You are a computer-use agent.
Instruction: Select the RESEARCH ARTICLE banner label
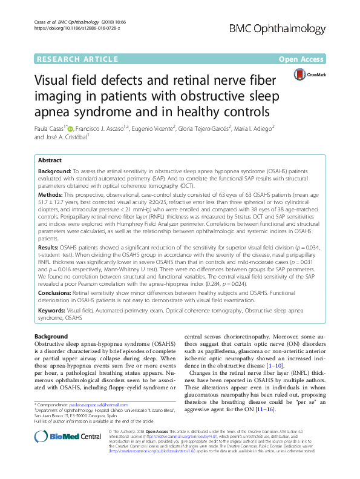(x=76, y=59)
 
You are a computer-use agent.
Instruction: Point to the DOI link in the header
(x=69, y=28)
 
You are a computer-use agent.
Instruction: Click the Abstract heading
(x=50, y=160)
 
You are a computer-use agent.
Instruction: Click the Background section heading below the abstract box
(x=51, y=336)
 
